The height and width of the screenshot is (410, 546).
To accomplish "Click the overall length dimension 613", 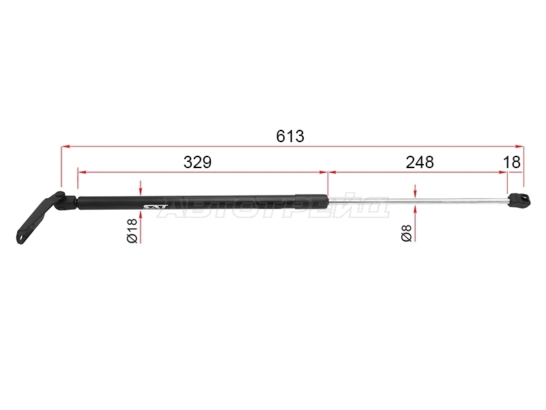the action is (x=290, y=136).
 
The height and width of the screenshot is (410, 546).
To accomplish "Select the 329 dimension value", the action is (x=197, y=163).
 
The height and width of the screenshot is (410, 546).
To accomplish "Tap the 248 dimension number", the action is (x=420, y=163).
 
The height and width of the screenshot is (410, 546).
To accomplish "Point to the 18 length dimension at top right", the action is (x=512, y=163).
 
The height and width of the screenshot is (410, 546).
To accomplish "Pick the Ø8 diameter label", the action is (x=407, y=233).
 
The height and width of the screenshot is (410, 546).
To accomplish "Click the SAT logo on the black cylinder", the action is (x=156, y=207).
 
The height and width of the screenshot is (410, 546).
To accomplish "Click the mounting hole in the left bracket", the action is (x=23, y=237).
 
